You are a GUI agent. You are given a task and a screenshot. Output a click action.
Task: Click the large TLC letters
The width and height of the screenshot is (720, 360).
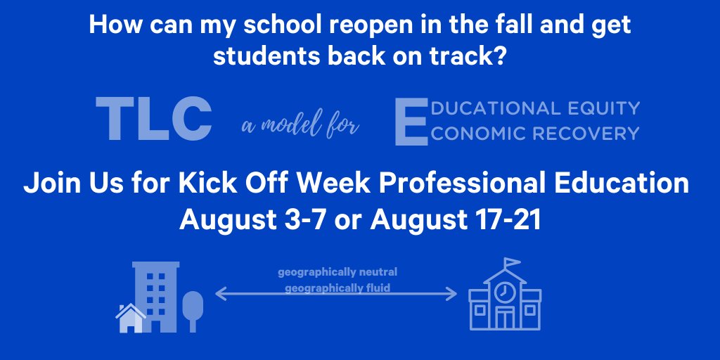click(x=153, y=120)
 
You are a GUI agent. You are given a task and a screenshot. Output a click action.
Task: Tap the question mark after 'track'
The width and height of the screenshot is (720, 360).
click(x=499, y=57)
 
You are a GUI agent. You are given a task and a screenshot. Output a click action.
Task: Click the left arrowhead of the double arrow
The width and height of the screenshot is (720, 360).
click(x=218, y=295)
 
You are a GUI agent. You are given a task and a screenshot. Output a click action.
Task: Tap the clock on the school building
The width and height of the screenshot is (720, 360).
click(x=503, y=291)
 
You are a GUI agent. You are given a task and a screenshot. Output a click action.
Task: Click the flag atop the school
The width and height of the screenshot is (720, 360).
click(x=511, y=263)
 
